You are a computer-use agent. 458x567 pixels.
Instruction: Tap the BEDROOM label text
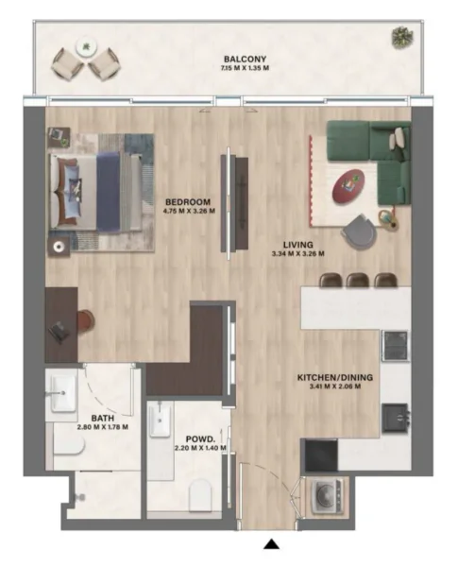pyautogui.click(x=188, y=201)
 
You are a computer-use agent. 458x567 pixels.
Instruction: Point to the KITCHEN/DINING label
pyautogui.click(x=330, y=377)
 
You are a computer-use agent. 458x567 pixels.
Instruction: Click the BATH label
pyautogui.click(x=103, y=418)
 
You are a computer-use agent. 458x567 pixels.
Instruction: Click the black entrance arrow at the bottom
pyautogui.click(x=272, y=544)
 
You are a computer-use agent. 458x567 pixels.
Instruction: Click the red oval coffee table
pyautogui.click(x=348, y=184)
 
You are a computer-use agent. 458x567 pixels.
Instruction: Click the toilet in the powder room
pyautogui.click(x=200, y=491)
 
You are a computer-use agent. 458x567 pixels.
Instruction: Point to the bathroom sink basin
pyautogui.click(x=64, y=390)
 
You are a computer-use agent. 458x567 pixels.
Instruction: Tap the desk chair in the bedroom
pyautogui.click(x=83, y=321)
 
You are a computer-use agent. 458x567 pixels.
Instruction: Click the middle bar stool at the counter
pyautogui.click(x=357, y=279)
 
